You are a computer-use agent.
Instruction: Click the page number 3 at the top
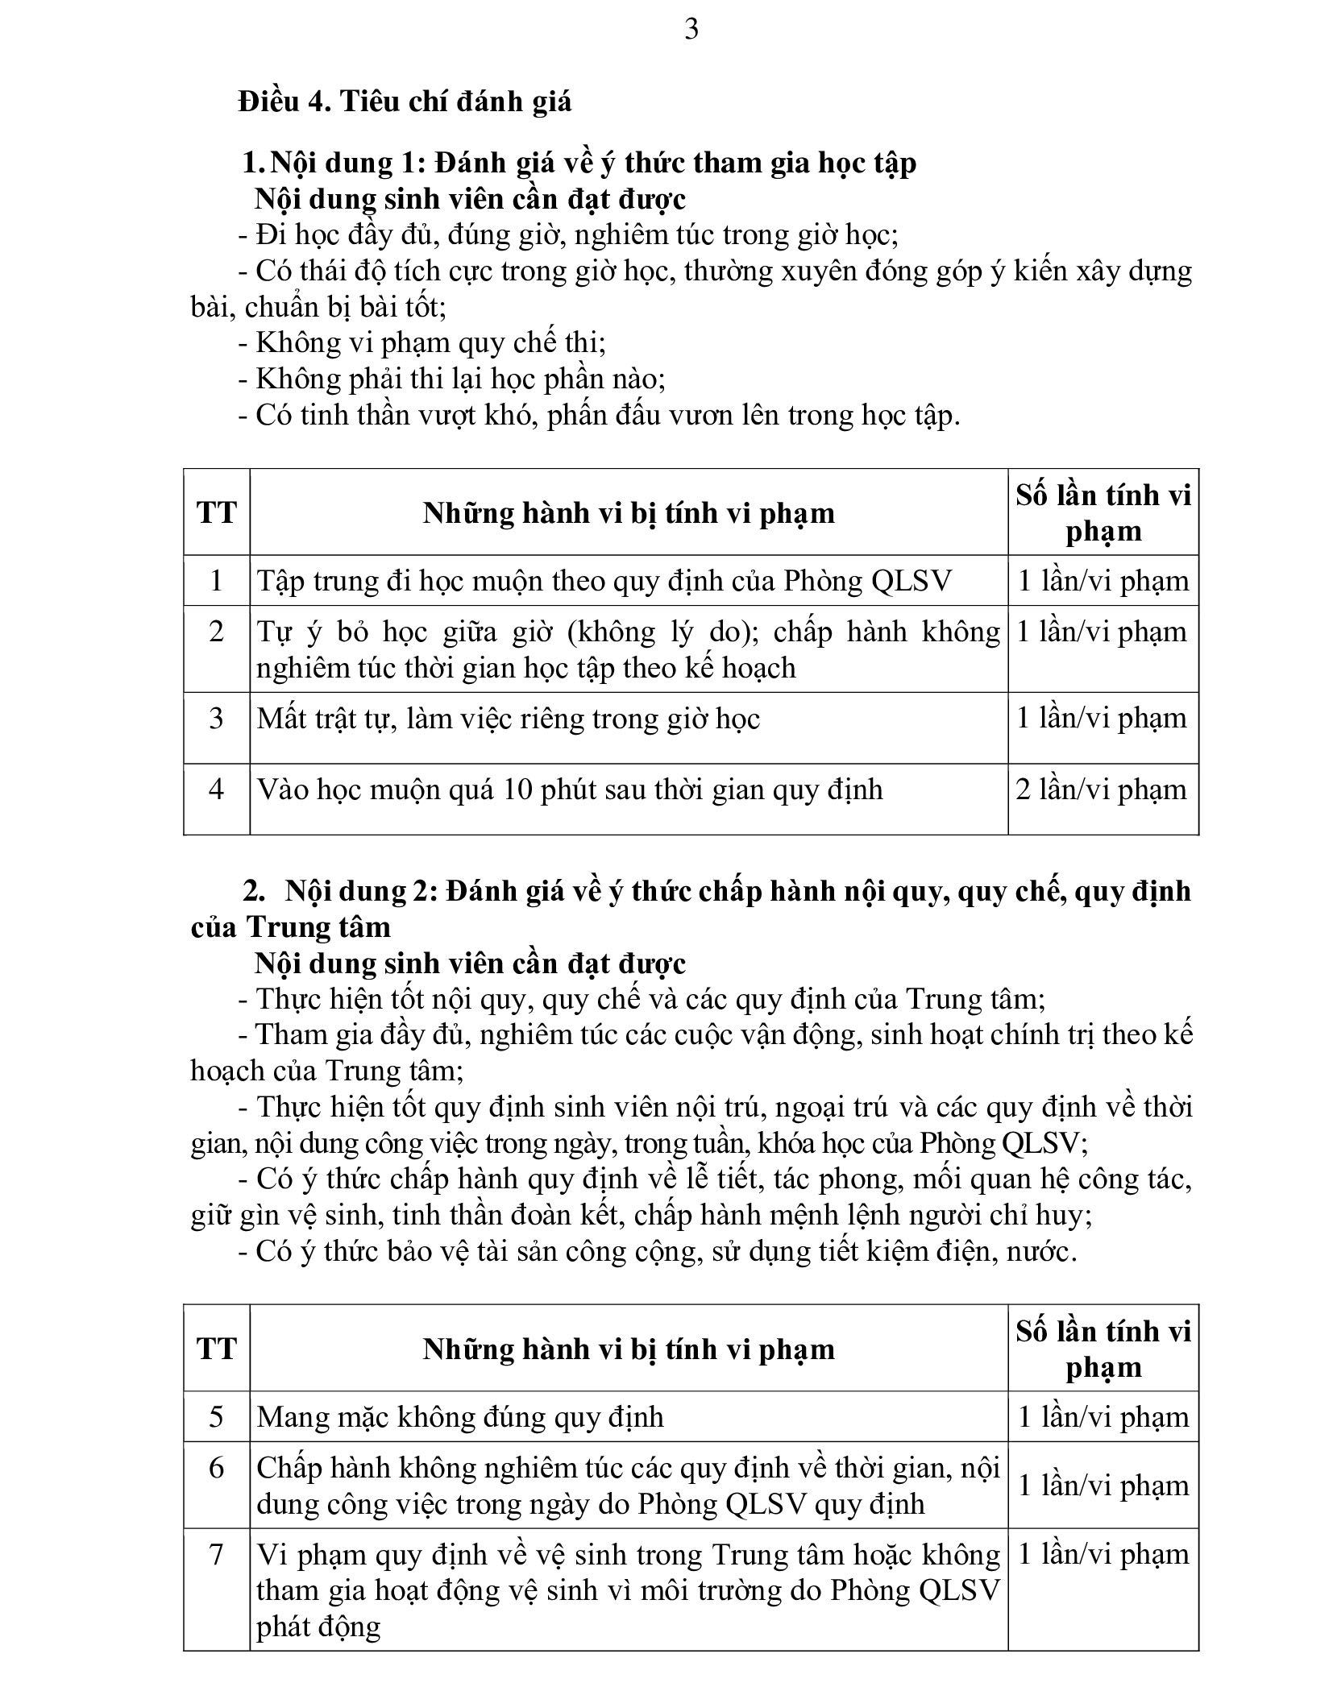tap(691, 30)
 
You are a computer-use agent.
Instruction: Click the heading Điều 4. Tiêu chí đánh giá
tap(405, 102)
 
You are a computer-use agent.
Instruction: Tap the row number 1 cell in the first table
tap(216, 581)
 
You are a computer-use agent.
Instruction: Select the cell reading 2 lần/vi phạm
tap(1102, 790)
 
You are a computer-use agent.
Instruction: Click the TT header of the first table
tap(216, 512)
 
